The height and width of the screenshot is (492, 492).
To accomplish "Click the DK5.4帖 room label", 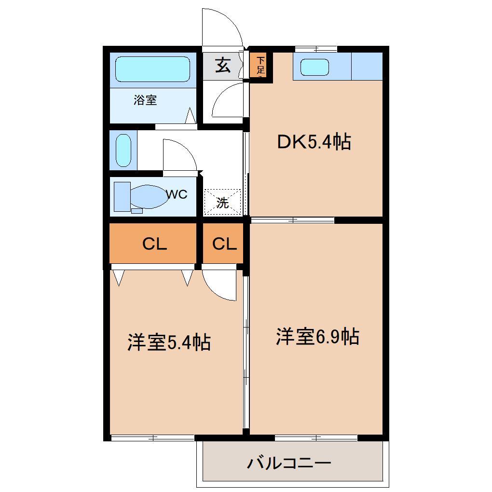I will click(314, 142).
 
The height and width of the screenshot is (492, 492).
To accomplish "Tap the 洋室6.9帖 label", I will click(317, 337).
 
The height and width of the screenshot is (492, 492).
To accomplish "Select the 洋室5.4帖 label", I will click(169, 342).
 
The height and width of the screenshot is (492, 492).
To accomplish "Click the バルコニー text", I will click(289, 464).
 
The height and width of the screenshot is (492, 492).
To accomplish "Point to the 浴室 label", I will click(145, 100).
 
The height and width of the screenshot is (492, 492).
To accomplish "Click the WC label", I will click(177, 194).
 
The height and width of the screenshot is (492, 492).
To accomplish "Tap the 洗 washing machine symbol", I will click(222, 202).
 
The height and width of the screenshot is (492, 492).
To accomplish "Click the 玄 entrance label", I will click(222, 65).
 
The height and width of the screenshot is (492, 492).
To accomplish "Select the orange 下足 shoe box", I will click(260, 66).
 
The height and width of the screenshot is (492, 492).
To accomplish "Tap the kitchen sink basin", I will click(314, 67).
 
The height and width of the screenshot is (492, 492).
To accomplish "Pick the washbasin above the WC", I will click(123, 150).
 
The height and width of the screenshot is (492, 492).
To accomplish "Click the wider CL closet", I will click(154, 244).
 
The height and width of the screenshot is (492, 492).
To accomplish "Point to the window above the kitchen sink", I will click(316, 48).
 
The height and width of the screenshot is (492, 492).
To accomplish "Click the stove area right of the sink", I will click(367, 66).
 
